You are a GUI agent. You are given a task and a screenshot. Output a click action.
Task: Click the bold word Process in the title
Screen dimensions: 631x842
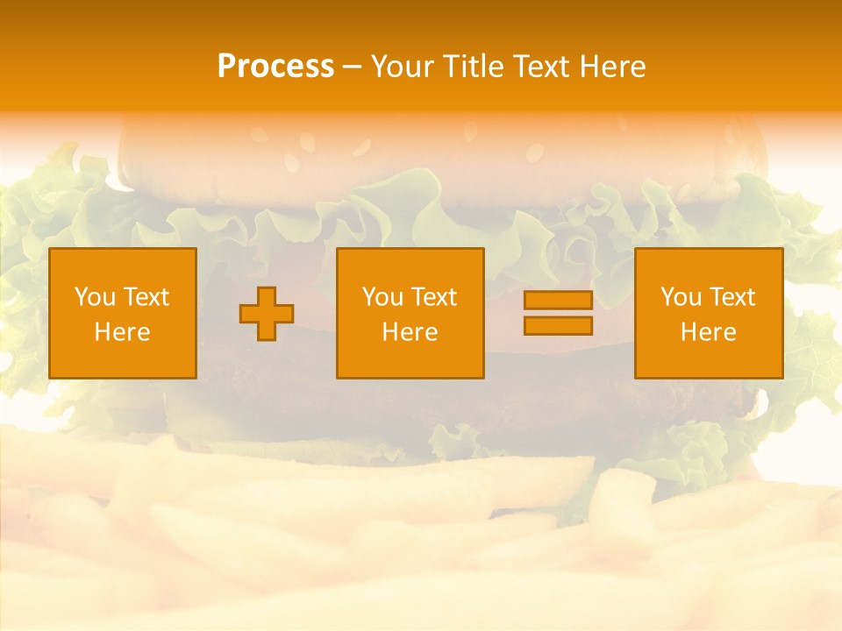click(x=275, y=66)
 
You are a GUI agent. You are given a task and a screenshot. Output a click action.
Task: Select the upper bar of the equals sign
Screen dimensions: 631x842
click(x=558, y=301)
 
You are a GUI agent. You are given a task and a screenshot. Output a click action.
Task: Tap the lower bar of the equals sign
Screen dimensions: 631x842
click(x=558, y=325)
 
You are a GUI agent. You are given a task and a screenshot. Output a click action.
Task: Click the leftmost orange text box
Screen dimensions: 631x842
click(x=123, y=314)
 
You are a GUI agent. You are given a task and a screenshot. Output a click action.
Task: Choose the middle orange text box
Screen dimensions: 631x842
click(x=410, y=314)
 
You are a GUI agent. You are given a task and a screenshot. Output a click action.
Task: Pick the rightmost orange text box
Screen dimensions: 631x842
click(x=709, y=314)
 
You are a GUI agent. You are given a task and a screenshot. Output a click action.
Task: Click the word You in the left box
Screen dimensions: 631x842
click(x=94, y=297)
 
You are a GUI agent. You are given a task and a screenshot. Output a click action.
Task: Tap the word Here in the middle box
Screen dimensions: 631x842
click(x=410, y=332)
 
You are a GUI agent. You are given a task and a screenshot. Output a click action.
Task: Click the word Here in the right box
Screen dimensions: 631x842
click(x=709, y=332)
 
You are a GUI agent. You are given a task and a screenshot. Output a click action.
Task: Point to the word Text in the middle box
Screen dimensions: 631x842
click(x=432, y=297)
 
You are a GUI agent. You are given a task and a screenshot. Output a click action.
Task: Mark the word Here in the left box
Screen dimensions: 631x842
click(x=123, y=332)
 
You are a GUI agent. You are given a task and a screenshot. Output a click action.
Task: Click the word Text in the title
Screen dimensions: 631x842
click(x=540, y=66)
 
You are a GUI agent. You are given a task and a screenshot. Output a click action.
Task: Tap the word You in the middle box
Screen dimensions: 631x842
click(x=382, y=297)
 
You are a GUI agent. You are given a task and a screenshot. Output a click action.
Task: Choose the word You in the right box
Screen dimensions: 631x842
click(x=680, y=297)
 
